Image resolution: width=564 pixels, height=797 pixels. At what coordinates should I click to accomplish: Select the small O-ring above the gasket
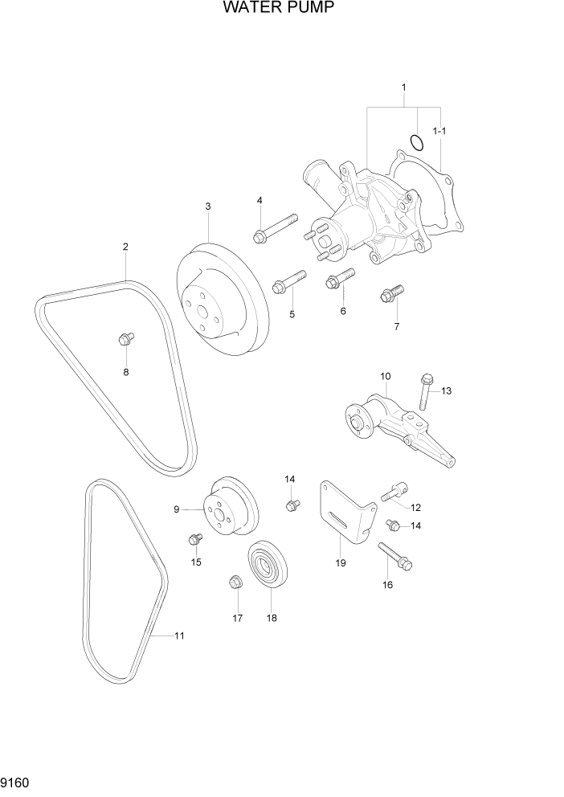coord(416,142)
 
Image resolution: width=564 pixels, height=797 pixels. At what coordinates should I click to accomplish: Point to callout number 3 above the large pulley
coord(207,206)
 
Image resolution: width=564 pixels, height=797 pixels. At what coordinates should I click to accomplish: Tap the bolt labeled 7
coord(391,295)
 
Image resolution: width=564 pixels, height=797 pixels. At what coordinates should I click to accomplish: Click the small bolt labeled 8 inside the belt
coord(125,340)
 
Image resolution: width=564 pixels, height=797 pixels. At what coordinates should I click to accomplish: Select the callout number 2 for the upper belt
coord(125,247)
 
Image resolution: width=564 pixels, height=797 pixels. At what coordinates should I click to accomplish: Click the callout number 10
coord(385,376)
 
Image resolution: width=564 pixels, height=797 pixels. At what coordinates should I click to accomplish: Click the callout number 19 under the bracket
coord(341,563)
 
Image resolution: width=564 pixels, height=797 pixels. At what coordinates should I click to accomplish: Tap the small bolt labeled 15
coord(194,539)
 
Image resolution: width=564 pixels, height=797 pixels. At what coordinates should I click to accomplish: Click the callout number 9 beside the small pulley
coord(176,509)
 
